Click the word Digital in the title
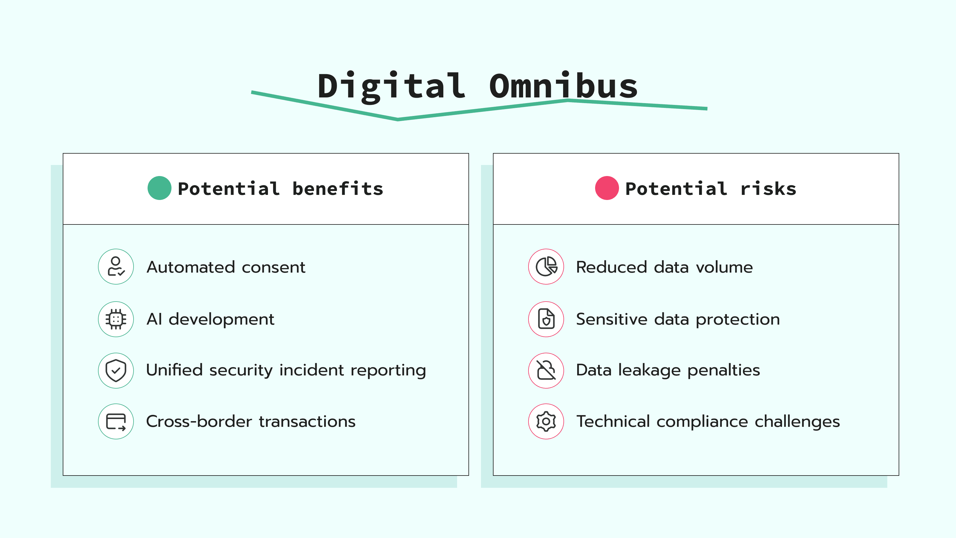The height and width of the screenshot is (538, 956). [392, 86]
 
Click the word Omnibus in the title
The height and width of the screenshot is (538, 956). [563, 86]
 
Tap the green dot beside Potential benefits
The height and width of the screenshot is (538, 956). [159, 188]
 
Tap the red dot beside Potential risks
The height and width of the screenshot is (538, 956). [607, 188]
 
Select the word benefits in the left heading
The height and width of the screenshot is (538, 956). [338, 189]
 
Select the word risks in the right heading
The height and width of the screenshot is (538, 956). [768, 189]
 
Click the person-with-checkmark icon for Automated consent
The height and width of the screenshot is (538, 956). [116, 267]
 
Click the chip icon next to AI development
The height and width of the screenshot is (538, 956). [116, 319]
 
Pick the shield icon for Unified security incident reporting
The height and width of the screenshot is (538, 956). [116, 370]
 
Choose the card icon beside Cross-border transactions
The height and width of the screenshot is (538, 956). [116, 421]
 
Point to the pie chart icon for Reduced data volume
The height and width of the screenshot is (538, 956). [546, 267]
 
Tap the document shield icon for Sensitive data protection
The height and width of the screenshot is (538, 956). [546, 319]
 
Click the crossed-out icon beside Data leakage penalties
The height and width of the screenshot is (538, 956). [546, 370]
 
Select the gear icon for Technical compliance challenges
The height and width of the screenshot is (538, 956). [546, 421]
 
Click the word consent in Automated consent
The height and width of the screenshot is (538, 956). [274, 267]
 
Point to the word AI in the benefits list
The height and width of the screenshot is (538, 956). [154, 319]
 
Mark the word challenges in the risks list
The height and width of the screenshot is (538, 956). [797, 421]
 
